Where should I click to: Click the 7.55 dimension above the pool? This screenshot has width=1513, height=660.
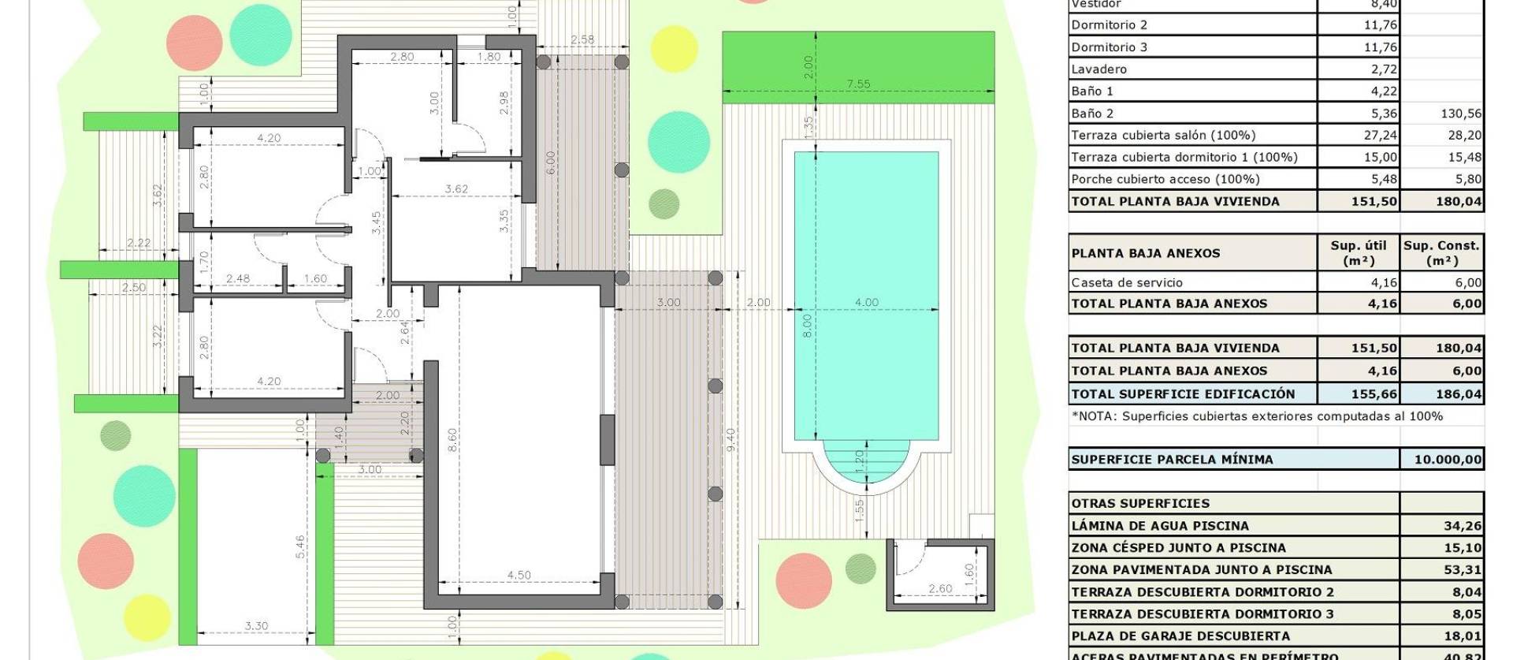tap(858, 84)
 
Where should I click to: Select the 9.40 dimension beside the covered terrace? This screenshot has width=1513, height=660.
tap(730, 439)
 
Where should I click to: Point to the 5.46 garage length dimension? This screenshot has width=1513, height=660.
tap(299, 547)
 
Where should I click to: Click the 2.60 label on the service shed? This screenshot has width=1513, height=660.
tap(940, 588)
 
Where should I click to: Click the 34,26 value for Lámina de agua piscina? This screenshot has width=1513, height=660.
tap(1462, 525)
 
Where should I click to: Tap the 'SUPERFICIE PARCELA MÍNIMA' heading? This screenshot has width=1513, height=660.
tap(1172, 459)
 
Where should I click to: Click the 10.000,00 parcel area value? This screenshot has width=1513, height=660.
tap(1448, 459)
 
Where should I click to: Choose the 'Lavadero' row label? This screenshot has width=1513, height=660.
tap(1099, 69)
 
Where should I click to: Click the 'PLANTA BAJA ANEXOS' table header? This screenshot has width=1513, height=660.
tap(1145, 253)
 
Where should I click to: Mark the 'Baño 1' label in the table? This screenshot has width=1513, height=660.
tap(1092, 91)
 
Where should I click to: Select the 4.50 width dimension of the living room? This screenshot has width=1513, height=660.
tap(519, 575)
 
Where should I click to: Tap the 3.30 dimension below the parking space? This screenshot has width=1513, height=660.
tap(256, 626)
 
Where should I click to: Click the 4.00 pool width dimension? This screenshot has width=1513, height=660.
tap(866, 302)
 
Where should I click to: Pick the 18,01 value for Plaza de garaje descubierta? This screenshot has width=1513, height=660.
tap(1462, 636)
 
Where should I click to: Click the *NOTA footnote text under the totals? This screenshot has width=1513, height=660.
tap(1257, 416)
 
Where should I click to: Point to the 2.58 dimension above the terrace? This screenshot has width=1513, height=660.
tap(582, 39)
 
